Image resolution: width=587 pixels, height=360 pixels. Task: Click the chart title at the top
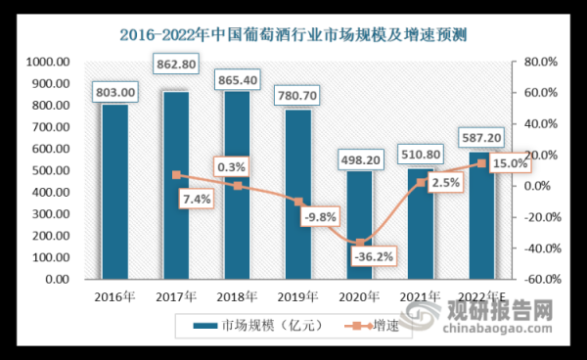point(293,37)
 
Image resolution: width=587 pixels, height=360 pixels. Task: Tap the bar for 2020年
point(359,225)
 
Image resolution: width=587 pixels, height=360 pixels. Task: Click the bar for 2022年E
point(481,215)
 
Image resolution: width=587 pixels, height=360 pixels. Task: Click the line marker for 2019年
point(298,202)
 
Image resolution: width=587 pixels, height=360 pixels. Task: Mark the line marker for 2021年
point(421,182)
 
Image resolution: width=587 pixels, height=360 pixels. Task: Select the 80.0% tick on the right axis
point(538,62)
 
